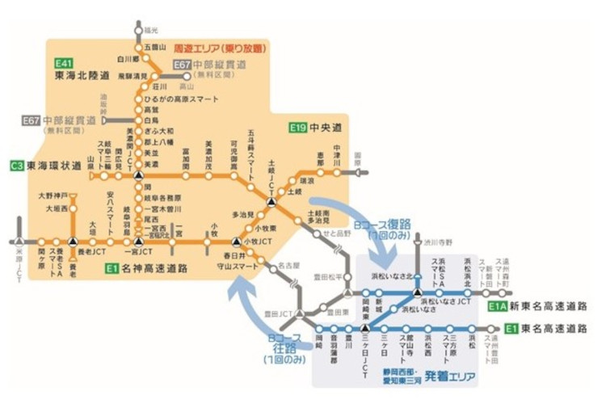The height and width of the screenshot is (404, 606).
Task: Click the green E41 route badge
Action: coord(64,63)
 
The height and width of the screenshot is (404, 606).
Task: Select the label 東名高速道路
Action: coord(554,329)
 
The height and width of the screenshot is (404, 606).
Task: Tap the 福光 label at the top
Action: coord(150,30)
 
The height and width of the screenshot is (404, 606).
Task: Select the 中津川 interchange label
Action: coord(337,154)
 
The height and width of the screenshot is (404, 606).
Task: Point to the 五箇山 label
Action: coord(154,48)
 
